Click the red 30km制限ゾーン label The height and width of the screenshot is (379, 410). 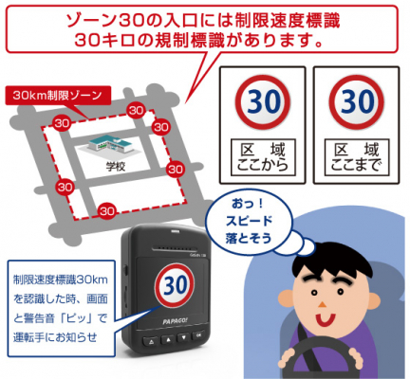click(x=58, y=96)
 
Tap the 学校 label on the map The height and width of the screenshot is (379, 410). click(x=116, y=167)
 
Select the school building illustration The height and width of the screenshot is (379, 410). click(x=110, y=146)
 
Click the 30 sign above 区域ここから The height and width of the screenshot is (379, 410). click(x=263, y=102)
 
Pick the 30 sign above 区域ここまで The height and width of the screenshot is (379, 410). click(x=357, y=102)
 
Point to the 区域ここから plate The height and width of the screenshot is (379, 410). click(x=263, y=157)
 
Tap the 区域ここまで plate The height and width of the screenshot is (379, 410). click(x=357, y=157)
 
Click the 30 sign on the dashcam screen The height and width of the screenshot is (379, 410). click(x=174, y=286)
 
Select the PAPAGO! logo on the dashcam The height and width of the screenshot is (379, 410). click(x=175, y=321)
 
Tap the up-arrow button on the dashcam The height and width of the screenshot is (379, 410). click(x=167, y=339)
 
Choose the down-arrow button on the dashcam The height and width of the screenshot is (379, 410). click(x=184, y=337)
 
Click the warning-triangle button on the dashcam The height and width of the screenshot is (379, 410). click(x=150, y=341)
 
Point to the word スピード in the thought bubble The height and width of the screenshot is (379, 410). click(x=249, y=221)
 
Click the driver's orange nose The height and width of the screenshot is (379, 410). click(x=323, y=304)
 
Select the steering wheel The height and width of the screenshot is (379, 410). click(x=320, y=352)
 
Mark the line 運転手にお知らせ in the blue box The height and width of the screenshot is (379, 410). click(x=55, y=337)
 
